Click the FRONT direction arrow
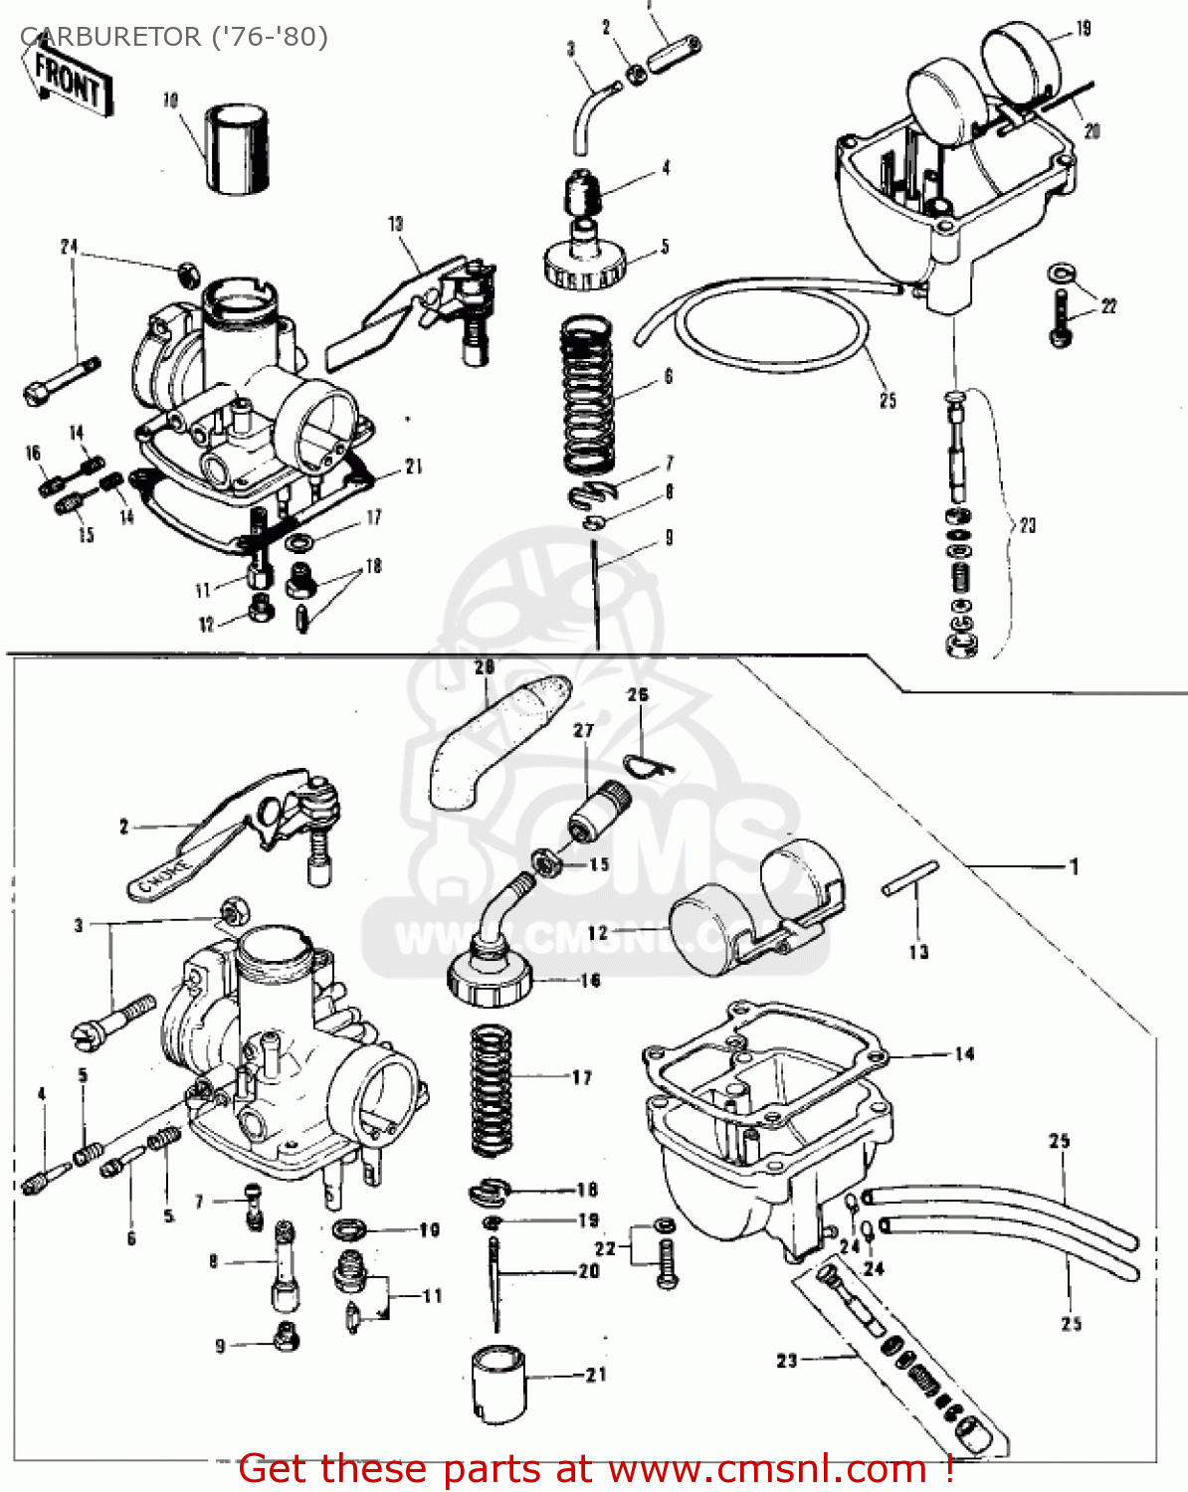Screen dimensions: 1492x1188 pyautogui.click(x=68, y=80)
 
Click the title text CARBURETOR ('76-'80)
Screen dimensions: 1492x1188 pyautogui.click(x=174, y=37)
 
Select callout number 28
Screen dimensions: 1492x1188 pyautogui.click(x=484, y=667)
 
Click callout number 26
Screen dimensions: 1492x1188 pyautogui.click(x=638, y=694)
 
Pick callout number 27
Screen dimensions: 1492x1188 pyautogui.click(x=583, y=730)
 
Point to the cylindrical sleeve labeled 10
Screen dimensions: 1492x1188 pyautogui.click(x=238, y=148)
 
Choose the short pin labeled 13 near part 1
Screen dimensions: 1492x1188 pyautogui.click(x=909, y=877)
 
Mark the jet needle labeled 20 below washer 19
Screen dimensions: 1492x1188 pyautogui.click(x=494, y=1283)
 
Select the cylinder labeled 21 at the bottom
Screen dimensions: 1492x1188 pyautogui.click(x=497, y=1385)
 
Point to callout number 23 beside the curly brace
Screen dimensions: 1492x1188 pyautogui.click(x=1028, y=524)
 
